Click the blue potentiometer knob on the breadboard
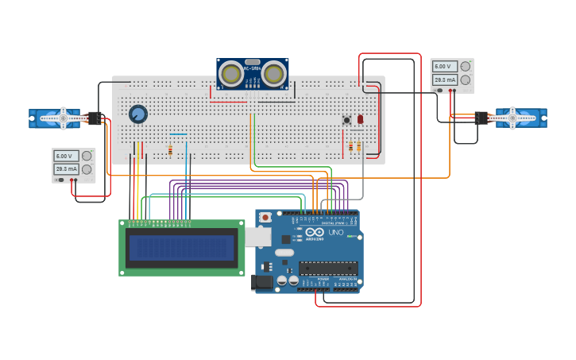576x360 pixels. pos(138,114)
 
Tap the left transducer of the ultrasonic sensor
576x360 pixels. pos(231,74)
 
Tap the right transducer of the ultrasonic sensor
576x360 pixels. pos(273,74)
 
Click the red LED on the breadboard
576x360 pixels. pos(360,119)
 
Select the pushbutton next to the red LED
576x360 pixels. pos(346,120)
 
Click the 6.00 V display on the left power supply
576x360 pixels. pos(65,157)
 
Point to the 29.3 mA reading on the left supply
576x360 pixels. pos(65,169)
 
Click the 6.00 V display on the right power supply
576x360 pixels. pos(443,67)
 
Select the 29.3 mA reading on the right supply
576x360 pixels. pos(443,79)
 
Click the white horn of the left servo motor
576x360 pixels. pos(63,118)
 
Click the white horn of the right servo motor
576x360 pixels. pos(512,118)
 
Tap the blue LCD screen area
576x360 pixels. pos(182,248)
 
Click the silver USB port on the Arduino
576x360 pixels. pos(257,236)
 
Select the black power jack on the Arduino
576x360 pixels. pos(261,281)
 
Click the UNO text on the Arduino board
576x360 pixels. pos(335,233)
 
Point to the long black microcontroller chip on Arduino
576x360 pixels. pos(327,269)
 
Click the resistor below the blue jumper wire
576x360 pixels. pos(170,149)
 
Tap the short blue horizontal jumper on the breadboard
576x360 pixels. pos(178,134)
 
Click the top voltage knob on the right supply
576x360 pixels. pos(466,67)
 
